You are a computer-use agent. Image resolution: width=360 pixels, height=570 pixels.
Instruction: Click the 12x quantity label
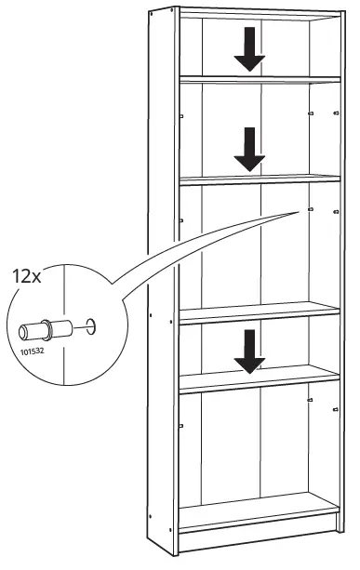coord(25,275)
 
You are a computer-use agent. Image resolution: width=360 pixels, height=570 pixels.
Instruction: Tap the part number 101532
coord(32,352)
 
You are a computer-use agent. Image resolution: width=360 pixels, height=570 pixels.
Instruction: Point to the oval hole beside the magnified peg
coord(89,325)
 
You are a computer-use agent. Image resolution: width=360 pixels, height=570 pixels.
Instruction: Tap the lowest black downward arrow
coord(248,351)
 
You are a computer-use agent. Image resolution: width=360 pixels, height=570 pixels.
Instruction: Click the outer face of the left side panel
coord(160,279)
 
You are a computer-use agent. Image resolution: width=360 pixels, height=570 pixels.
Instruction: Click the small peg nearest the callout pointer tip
coord(309,210)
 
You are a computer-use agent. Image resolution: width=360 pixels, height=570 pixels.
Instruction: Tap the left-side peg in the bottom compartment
coord(182,425)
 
